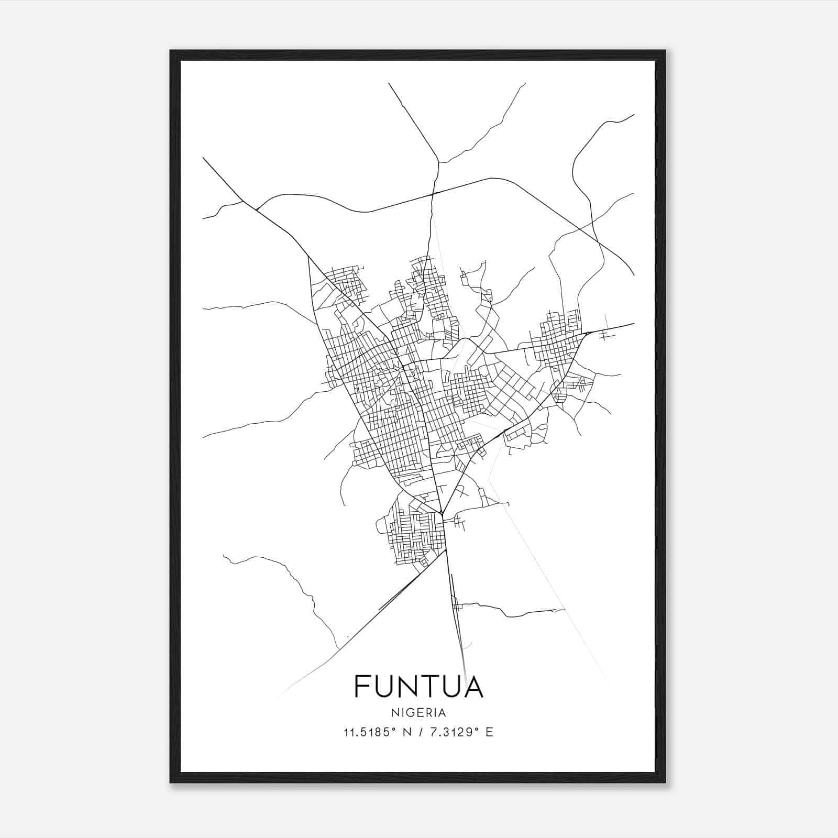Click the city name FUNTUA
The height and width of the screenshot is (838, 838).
418,686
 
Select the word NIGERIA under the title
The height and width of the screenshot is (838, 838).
418,712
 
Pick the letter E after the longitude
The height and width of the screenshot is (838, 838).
489,732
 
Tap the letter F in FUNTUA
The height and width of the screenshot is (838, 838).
363,686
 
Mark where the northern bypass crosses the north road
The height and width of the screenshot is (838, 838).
433,194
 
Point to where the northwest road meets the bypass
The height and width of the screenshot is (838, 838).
256,210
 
